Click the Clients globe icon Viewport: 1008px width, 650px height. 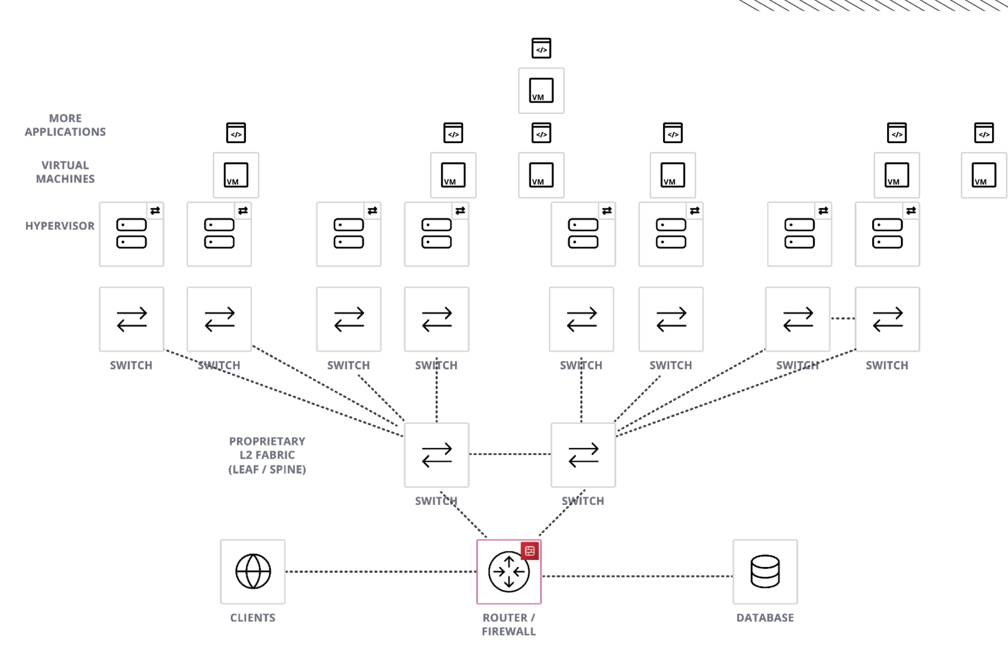253,571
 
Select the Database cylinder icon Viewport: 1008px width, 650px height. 765,571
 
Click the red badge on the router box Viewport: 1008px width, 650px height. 530,551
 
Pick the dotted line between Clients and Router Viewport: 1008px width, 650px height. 381,572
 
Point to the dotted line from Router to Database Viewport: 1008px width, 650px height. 637,576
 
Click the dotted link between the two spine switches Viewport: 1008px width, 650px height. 509,454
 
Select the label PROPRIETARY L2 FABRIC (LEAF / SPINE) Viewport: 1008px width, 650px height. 267,455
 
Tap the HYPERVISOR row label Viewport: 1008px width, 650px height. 60,226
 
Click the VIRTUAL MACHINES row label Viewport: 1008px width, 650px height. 65,172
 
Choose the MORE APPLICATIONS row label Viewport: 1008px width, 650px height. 65,125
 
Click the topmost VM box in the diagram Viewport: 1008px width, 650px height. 541,90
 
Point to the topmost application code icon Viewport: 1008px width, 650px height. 541,48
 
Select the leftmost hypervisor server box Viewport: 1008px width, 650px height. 131,234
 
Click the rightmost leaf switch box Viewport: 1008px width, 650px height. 887,319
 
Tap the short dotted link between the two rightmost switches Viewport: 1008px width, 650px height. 842,319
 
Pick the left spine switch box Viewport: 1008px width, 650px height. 436,455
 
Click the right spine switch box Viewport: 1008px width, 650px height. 583,455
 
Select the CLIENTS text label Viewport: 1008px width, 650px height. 253,618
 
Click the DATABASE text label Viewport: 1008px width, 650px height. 765,618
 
